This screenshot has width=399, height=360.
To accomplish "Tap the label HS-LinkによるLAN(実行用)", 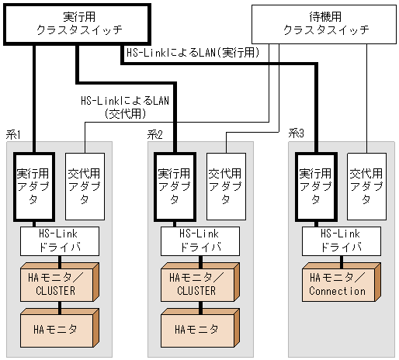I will (193, 53).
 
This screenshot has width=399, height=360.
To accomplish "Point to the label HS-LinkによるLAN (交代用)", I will (125, 107).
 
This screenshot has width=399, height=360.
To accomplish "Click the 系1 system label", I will (12, 134).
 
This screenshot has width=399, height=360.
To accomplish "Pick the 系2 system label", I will (154, 134).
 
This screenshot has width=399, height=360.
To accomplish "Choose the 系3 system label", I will (296, 134).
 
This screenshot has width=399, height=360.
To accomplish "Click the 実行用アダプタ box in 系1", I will (34, 185).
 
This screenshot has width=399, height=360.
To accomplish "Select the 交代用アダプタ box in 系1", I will (84, 185).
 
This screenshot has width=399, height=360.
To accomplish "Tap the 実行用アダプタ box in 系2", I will (175, 185).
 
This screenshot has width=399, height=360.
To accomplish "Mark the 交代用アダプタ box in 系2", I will (225, 185).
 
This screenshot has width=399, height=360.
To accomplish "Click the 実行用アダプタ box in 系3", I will (316, 185).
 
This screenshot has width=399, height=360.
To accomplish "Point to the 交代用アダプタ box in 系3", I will (366, 185).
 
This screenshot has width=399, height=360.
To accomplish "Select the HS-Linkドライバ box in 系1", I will (59, 241).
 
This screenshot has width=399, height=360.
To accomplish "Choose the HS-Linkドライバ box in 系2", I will (199, 241).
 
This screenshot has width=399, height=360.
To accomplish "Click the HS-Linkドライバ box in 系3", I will (341, 241).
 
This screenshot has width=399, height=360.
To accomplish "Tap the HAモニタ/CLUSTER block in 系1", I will (57, 284).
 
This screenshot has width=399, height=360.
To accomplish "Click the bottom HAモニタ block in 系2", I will (197, 329).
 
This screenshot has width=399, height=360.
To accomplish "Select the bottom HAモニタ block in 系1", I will (57, 329).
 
